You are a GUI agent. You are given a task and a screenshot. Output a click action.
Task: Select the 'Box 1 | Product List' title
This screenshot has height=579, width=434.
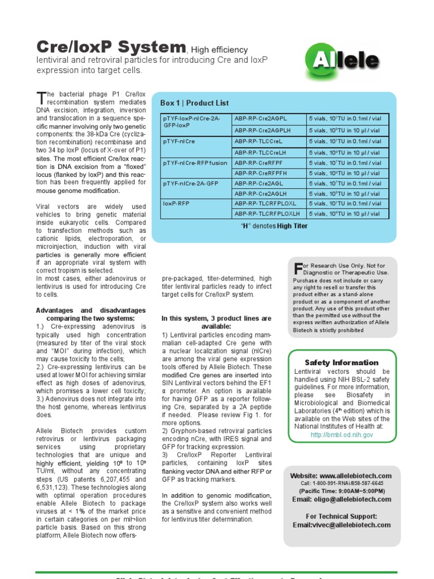pyautogui.click(x=194, y=103)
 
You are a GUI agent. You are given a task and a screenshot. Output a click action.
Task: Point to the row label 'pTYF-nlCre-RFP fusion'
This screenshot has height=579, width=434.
pyautogui.click(x=195, y=163)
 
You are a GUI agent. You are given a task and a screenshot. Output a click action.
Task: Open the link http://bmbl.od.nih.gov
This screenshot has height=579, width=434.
pyautogui.click(x=341, y=435)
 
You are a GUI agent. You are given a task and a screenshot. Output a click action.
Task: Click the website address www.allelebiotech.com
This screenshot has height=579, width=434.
pyautogui.click(x=355, y=476)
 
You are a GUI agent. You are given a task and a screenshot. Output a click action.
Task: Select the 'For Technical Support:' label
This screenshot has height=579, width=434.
pyautogui.click(x=341, y=516)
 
